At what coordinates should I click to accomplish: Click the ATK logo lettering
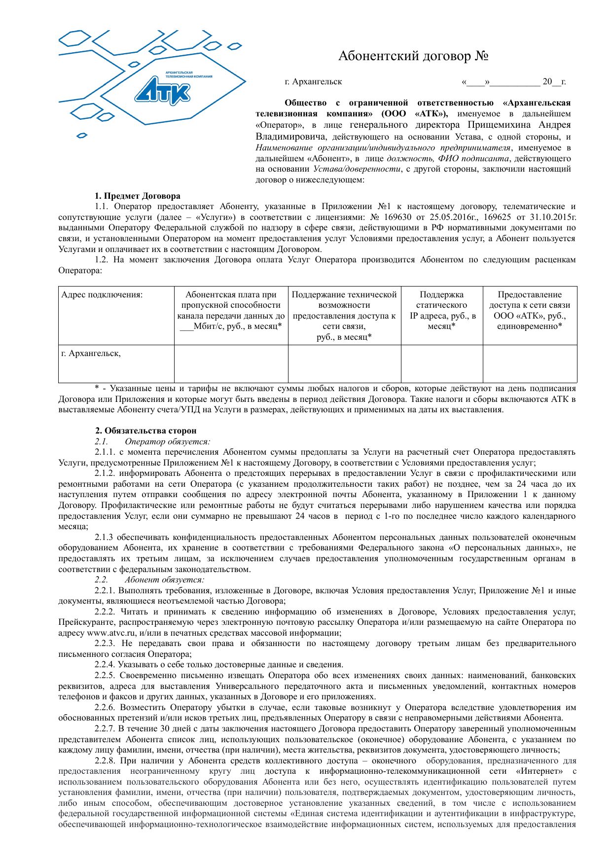(x=163, y=92)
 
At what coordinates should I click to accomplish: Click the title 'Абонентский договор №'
(x=413, y=56)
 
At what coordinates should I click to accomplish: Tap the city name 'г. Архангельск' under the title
(x=313, y=82)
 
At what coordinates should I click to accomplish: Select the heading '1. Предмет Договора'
(x=138, y=196)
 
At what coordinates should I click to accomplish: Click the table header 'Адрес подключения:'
(x=102, y=295)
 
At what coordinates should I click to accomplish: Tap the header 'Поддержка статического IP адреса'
(x=442, y=310)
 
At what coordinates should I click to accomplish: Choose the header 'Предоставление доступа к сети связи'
(x=530, y=310)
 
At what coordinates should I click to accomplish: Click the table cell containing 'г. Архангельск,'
(x=91, y=354)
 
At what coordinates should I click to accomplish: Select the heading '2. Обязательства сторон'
(x=146, y=431)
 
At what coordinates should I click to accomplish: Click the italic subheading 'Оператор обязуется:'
(x=167, y=441)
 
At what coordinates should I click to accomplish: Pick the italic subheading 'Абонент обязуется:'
(x=164, y=580)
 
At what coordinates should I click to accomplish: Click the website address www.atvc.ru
(x=111, y=633)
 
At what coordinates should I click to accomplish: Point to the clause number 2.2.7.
(x=105, y=728)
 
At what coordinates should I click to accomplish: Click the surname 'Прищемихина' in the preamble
(x=501, y=125)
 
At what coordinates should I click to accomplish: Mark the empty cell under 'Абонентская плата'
(x=231, y=364)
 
